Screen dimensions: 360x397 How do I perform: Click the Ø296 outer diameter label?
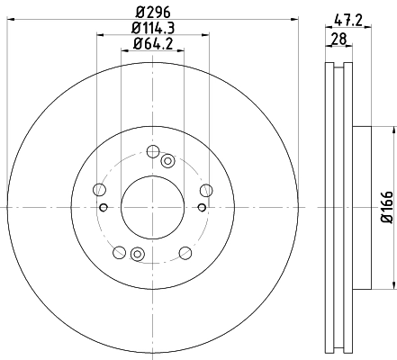point(152,12)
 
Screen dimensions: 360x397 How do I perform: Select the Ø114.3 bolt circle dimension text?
point(152,28)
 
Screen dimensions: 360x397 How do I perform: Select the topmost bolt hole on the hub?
point(152,150)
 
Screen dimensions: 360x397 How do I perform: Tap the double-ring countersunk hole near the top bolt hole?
point(167,161)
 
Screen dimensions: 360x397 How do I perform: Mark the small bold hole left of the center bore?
point(104,208)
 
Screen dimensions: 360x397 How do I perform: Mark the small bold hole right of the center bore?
point(201,208)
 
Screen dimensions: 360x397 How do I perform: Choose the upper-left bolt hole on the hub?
point(98,190)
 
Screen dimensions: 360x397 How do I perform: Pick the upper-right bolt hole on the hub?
point(206,189)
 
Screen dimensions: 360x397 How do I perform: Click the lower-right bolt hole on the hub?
point(185,252)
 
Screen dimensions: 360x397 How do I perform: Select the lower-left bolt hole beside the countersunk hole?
point(119,252)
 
